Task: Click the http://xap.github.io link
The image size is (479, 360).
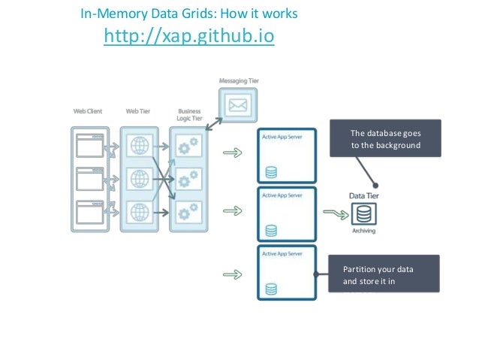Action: [188, 36]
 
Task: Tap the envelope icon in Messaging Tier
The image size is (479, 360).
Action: [238, 106]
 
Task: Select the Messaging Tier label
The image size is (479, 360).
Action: [239, 80]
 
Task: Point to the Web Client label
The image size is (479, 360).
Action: [88, 110]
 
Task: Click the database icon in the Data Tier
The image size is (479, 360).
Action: [364, 214]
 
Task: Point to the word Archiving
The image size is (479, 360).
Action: [364, 231]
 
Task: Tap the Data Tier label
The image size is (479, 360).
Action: [364, 195]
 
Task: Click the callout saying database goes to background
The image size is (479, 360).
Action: [385, 138]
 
